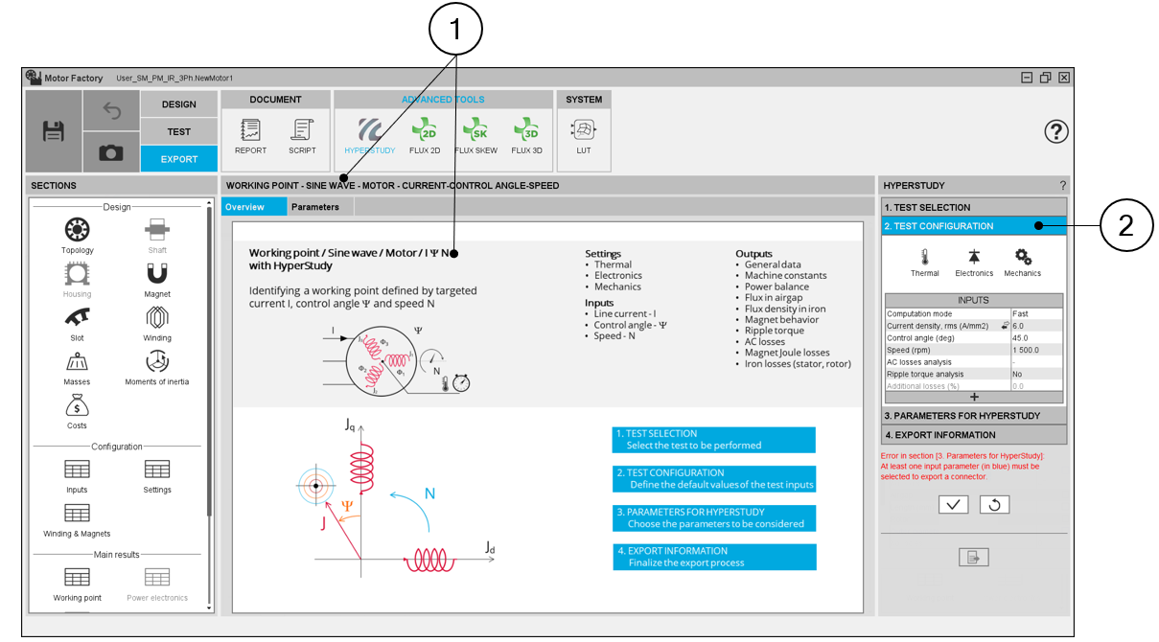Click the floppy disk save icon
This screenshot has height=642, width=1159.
[54, 131]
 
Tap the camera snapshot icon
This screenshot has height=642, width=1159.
[111, 152]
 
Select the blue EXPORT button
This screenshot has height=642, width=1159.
[179, 159]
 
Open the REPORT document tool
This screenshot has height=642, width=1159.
[250, 130]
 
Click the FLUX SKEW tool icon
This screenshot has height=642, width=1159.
[475, 129]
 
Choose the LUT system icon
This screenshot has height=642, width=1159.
[584, 130]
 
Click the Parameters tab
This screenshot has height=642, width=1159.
[315, 207]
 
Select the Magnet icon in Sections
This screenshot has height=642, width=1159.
[157, 274]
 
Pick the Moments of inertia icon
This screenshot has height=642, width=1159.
[157, 361]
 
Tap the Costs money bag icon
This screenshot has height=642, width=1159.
[77, 405]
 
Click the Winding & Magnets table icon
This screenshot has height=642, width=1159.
[77, 514]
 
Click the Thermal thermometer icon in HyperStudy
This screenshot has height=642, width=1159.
[925, 257]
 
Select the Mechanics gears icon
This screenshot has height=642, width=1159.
[1023, 257]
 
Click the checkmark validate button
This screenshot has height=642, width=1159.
[953, 504]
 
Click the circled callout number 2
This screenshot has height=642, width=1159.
[1125, 225]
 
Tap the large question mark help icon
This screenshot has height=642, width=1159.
[1055, 131]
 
